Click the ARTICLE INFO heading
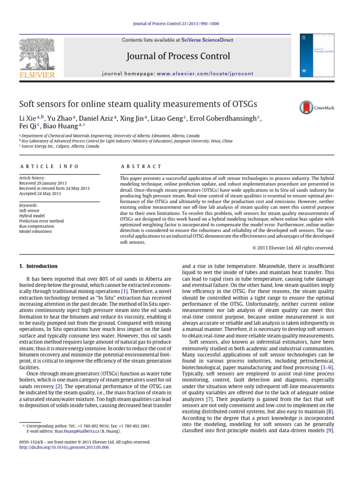coord(49,166)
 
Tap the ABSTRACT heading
coord(141,166)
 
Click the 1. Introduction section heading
coord(38,266)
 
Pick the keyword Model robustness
coord(36,231)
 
